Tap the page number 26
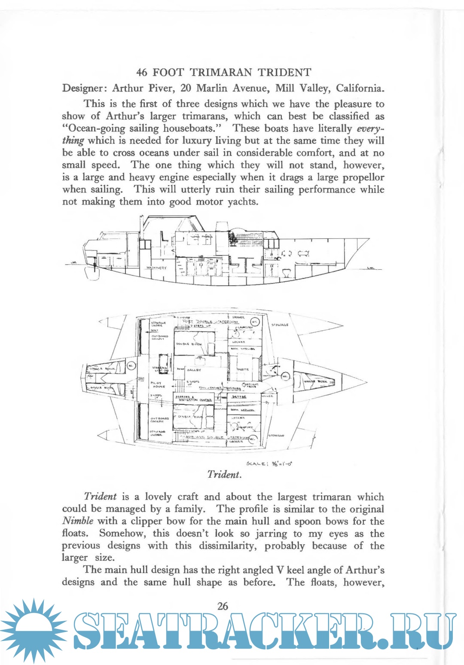[x=223, y=606]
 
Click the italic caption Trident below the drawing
[x=224, y=474]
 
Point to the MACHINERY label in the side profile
[x=156, y=268]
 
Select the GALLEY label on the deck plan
[x=194, y=370]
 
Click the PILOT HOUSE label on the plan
[x=156, y=384]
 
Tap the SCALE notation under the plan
[x=270, y=464]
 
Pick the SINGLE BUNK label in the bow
[x=316, y=381]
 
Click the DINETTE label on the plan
[x=243, y=369]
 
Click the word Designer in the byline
[x=83, y=88]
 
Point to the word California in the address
[x=360, y=88]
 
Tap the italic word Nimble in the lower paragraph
[x=78, y=521]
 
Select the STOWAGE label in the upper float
[x=280, y=325]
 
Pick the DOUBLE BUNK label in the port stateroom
[x=189, y=345]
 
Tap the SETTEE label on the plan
[x=239, y=397]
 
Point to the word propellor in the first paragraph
[x=363, y=177]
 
